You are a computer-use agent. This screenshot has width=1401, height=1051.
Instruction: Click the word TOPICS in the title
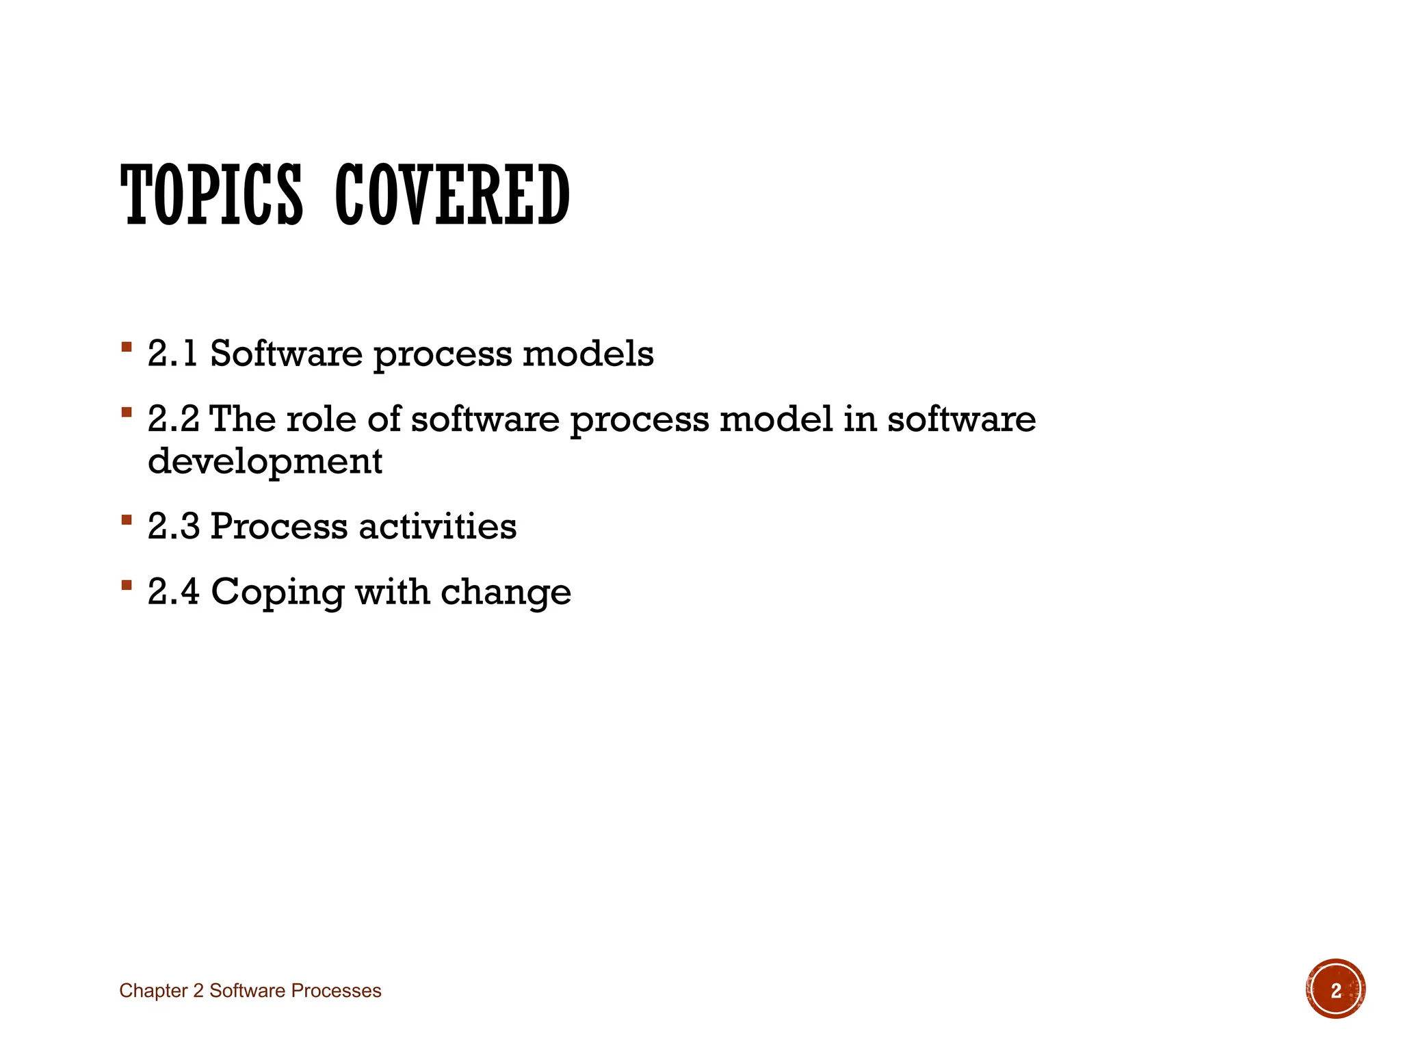point(211,196)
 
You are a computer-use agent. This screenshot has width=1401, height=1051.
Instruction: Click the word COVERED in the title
point(452,196)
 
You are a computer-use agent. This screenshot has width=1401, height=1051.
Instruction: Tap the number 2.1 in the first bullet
point(172,354)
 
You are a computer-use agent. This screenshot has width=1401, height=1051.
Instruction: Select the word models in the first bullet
point(588,354)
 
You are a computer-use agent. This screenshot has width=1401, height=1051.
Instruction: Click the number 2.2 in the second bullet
point(173,419)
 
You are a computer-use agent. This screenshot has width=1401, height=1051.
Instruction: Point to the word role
point(321,419)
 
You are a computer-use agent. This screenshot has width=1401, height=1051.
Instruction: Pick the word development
point(265,461)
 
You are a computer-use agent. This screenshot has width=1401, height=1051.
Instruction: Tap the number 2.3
point(173,526)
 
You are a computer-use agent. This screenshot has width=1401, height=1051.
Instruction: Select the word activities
point(437,526)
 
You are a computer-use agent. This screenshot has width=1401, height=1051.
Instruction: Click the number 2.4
point(173,591)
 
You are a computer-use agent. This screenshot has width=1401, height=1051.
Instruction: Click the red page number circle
point(1335,989)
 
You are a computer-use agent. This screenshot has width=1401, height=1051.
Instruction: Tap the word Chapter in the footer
point(153,991)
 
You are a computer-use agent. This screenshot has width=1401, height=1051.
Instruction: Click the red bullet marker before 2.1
point(126,347)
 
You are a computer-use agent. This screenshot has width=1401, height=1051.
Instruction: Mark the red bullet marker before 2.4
point(126,584)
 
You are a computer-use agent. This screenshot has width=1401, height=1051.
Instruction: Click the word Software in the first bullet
point(286,354)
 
